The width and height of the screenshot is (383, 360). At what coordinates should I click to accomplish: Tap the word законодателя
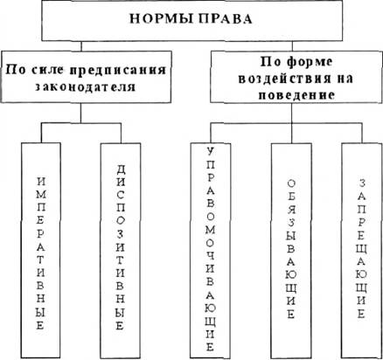(86, 87)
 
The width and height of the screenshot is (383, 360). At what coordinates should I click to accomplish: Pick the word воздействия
(270, 79)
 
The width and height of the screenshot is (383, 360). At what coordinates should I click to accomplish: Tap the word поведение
(296, 95)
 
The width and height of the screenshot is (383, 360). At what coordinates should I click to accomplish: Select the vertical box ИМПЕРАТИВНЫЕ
(41, 251)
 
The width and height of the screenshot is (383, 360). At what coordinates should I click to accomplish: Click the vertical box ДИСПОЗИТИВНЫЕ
(120, 251)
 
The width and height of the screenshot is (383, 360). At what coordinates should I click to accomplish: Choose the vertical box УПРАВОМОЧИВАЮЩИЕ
(210, 251)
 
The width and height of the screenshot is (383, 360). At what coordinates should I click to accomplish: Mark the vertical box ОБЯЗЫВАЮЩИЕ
(291, 251)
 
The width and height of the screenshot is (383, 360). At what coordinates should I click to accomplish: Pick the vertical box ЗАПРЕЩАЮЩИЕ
(361, 251)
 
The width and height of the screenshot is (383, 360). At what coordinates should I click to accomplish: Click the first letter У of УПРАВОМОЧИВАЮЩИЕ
(211, 151)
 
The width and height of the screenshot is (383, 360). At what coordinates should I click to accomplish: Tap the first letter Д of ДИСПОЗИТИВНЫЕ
(120, 170)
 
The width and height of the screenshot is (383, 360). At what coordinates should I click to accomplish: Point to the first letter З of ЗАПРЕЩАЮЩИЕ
(362, 183)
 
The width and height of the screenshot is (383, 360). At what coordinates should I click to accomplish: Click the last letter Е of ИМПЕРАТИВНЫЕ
(40, 325)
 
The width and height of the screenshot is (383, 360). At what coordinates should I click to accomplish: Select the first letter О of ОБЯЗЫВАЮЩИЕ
(291, 183)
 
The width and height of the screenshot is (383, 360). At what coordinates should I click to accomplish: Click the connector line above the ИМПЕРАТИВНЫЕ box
(41, 133)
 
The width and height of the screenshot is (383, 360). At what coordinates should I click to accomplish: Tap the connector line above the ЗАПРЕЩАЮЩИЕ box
(361, 133)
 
